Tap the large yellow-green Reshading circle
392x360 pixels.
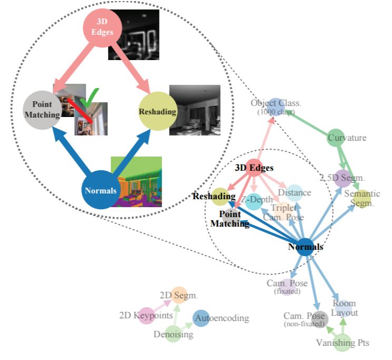pos(156,111)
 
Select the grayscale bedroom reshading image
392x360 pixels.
pos(194,110)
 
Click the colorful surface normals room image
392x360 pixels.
pos(136,181)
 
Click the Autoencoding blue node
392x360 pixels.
pos(202,318)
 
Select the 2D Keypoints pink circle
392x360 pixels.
pos(146,315)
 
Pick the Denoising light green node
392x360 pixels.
pos(173,334)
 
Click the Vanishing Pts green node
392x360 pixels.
pos(343,343)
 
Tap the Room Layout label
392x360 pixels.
pos(344,308)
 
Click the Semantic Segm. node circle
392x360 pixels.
pos(361,198)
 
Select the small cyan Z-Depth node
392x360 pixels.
pos(254,200)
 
